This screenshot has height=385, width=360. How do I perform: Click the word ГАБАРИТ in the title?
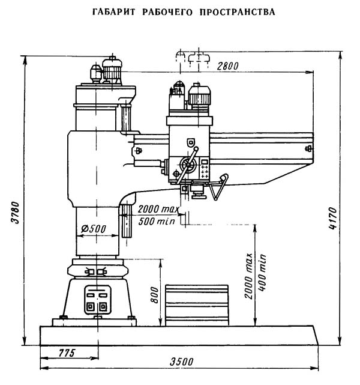[x=113, y=12]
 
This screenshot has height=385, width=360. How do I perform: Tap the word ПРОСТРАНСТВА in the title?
[x=237, y=12]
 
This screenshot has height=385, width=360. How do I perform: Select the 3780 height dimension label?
[x=16, y=213]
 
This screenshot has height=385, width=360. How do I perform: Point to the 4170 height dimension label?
[x=333, y=218]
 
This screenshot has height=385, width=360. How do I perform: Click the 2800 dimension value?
[x=227, y=66]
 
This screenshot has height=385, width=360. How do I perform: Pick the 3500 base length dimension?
[x=181, y=362]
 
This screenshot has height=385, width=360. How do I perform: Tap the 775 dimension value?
[x=67, y=353]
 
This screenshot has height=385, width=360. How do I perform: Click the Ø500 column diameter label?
[x=94, y=229]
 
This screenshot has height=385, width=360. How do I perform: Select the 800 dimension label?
[x=154, y=295]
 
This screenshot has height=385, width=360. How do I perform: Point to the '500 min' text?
[x=157, y=221]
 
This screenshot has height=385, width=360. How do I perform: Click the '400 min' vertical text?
[x=262, y=273]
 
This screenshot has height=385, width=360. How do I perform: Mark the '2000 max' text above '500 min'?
[x=158, y=209]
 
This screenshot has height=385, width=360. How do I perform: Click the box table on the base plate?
[x=197, y=306]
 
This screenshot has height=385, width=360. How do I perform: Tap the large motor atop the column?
[x=112, y=69]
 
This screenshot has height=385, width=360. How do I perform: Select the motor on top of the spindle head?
[x=199, y=97]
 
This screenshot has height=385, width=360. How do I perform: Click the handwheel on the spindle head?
[x=188, y=165]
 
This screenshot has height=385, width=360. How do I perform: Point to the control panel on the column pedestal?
[x=97, y=300]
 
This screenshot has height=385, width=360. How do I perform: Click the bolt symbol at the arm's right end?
[x=308, y=148]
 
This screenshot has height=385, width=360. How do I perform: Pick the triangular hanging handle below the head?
[x=218, y=187]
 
